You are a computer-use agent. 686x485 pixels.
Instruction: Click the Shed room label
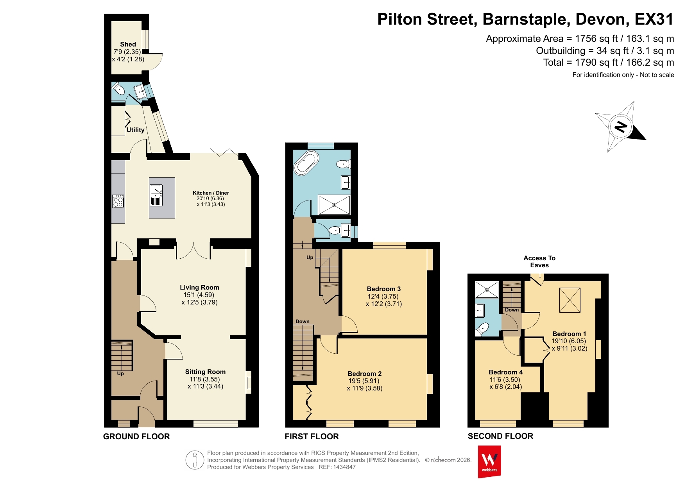pyautogui.click(x=128, y=44)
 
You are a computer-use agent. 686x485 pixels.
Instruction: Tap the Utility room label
pyautogui.click(x=136, y=130)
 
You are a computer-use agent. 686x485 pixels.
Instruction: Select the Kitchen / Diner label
pyautogui.click(x=211, y=193)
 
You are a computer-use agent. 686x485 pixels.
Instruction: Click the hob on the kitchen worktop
pyautogui.click(x=118, y=201)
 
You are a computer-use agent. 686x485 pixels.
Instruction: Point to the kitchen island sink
pyautogui.click(x=156, y=195)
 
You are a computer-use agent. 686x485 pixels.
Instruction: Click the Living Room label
pyautogui.click(x=199, y=287)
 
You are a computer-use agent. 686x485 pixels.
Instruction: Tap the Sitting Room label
pyautogui.click(x=205, y=372)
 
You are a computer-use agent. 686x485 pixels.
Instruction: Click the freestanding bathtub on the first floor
pyautogui.click(x=307, y=163)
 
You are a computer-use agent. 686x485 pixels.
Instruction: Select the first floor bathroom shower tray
pyautogui.click(x=334, y=205)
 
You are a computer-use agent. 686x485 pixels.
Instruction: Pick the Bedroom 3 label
pyautogui.click(x=383, y=289)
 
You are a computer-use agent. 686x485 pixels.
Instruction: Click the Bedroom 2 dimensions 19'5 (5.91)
pyautogui.click(x=364, y=381)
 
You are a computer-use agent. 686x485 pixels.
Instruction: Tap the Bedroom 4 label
pyautogui.click(x=505, y=372)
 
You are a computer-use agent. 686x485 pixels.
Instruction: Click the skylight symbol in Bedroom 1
pyautogui.click(x=570, y=300)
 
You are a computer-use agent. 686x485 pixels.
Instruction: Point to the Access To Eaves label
pyautogui.click(x=539, y=261)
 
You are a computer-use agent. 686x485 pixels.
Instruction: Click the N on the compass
pyautogui.click(x=620, y=127)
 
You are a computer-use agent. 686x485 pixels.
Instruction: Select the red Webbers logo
pyautogui.click(x=489, y=461)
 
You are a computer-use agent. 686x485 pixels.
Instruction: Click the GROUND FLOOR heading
pyautogui.click(x=136, y=437)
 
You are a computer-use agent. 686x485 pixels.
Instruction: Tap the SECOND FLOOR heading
pyautogui.click(x=500, y=436)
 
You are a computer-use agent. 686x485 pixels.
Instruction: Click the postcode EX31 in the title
pyautogui.click(x=654, y=19)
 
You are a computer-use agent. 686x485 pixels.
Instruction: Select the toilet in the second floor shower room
pyautogui.click(x=482, y=328)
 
